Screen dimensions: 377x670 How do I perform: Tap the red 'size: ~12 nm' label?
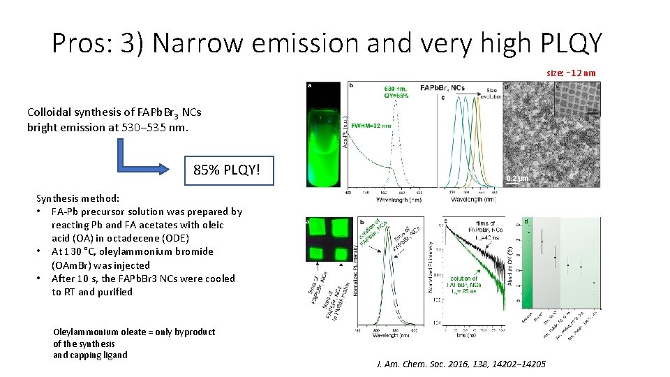point(571,73)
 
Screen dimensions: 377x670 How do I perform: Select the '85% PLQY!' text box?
point(228,169)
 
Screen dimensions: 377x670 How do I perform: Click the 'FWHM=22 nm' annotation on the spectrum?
point(371,126)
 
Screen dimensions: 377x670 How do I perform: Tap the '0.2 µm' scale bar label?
point(518,179)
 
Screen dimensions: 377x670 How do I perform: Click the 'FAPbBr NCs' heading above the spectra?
point(442,88)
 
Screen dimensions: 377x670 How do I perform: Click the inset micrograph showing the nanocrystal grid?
point(576,99)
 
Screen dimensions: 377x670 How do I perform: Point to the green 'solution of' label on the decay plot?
point(465,279)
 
